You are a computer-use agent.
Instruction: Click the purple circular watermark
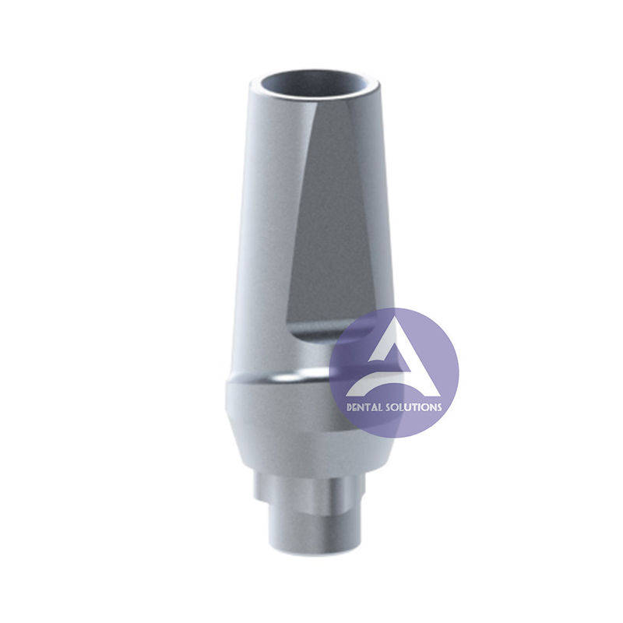[x=394, y=372]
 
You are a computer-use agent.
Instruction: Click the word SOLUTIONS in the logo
[x=413, y=407]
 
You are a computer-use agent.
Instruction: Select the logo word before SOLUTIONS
[x=360, y=407]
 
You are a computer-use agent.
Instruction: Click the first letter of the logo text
[x=347, y=407]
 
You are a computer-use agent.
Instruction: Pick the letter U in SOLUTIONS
[x=409, y=407]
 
